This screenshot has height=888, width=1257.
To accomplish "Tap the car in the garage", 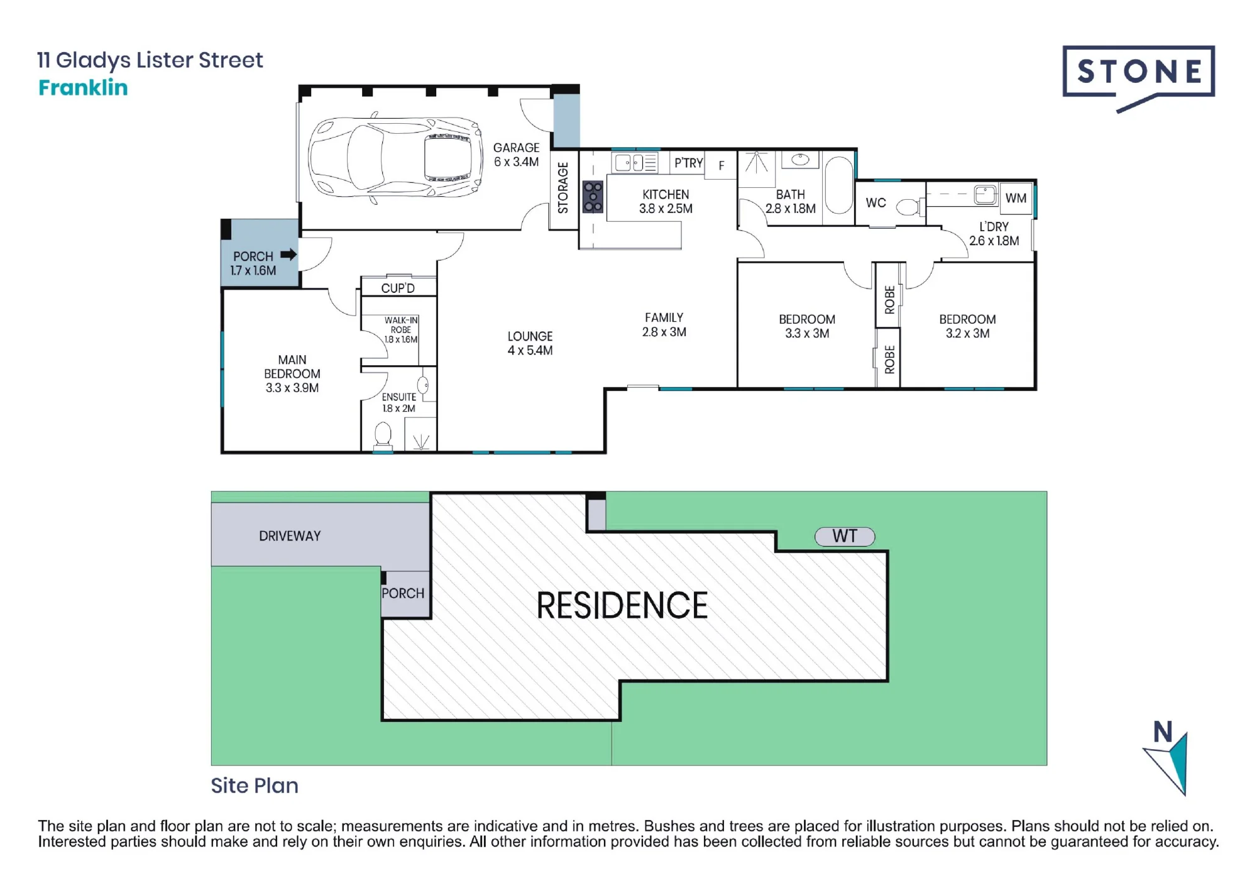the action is pyautogui.click(x=395, y=158).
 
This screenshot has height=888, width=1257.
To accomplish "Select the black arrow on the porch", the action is pyautogui.click(x=288, y=255).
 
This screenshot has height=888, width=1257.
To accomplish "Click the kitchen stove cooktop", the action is pyautogui.click(x=593, y=197).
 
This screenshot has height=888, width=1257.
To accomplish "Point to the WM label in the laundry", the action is pyautogui.click(x=1016, y=198).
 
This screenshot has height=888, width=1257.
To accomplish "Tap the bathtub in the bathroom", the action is pyautogui.click(x=838, y=185).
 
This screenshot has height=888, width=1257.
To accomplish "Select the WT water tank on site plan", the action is pyautogui.click(x=845, y=536).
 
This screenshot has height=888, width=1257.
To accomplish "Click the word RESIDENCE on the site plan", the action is pyautogui.click(x=622, y=605).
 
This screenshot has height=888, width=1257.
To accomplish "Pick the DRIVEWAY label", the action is pyautogui.click(x=290, y=536).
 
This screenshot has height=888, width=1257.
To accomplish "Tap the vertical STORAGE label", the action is pyautogui.click(x=563, y=187).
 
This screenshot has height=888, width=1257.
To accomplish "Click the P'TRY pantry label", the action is pyautogui.click(x=689, y=163).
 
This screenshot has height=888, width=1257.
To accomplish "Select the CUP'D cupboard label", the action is pyautogui.click(x=398, y=288).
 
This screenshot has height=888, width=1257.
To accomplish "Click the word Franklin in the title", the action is pyautogui.click(x=83, y=87).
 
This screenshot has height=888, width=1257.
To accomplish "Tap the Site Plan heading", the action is pyautogui.click(x=255, y=786).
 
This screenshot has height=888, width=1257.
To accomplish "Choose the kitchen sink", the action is pyautogui.click(x=636, y=163).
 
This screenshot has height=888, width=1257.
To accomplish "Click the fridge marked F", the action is pyautogui.click(x=721, y=165).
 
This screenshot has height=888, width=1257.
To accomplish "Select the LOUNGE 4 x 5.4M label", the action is pyautogui.click(x=530, y=343).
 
